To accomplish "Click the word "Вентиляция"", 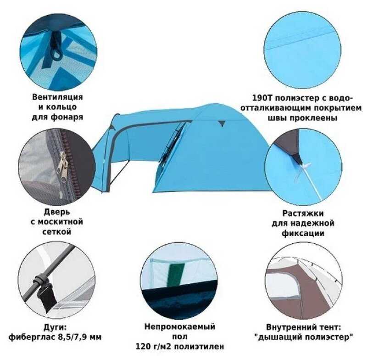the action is [x=57, y=97].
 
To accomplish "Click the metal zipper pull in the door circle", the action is [x=63, y=167].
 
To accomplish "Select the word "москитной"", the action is [x=60, y=222].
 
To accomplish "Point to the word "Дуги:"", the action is [x=55, y=327].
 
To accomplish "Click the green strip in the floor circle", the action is [x=176, y=274].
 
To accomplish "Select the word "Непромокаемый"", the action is [x=180, y=326].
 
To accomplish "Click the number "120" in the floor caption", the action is [x=143, y=346].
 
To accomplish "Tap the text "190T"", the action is [x=262, y=98].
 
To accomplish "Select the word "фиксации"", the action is [x=303, y=233].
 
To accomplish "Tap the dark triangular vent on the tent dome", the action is [x=222, y=124].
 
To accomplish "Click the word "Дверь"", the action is [x=57, y=212].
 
